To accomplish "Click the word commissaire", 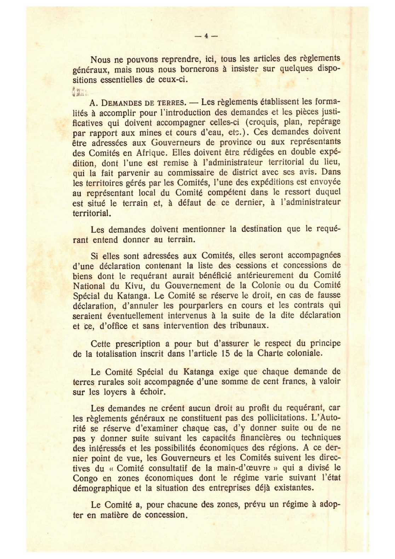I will [x=191, y=173].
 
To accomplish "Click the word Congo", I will [x=85, y=478].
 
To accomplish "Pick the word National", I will [x=89, y=286].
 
